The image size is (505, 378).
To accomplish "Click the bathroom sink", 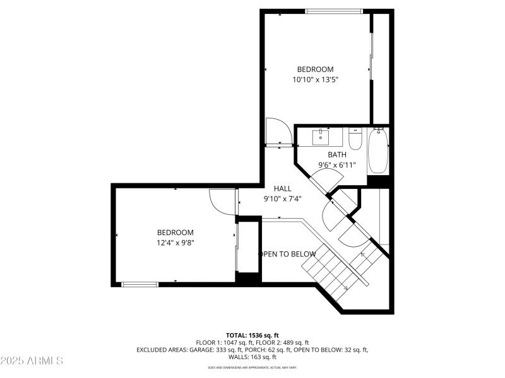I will pos(321,135).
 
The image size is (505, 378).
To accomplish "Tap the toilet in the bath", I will pos(355,138).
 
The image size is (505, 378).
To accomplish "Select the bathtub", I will pos(379,150).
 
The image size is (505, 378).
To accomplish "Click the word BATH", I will pos(336,154).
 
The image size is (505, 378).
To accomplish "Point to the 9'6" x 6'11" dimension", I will pos(337,165).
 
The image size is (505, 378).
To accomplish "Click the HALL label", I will pos(282,188).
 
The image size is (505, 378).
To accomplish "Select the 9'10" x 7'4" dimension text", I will pos(282,198).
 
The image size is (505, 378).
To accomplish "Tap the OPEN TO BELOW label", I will pos(288,254).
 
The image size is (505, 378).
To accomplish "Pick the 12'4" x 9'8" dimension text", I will pos(175,243).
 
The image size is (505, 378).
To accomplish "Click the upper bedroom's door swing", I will pos(277,132).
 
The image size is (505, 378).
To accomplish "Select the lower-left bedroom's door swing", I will pos(222,203).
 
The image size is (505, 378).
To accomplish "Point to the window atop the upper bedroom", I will pos(334,11).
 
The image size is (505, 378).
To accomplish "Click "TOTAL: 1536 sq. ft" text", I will pos(252,335).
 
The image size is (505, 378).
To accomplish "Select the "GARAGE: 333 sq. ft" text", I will pos(211,350).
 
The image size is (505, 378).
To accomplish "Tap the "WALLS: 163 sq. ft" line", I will pos(252,357).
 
